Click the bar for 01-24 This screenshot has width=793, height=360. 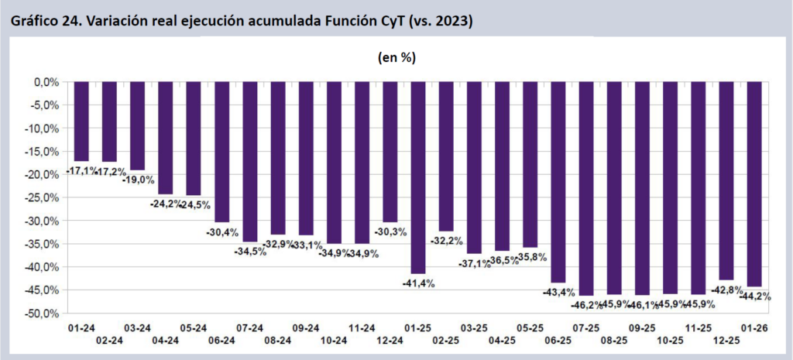click(81, 121)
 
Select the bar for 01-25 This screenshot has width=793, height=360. click(418, 177)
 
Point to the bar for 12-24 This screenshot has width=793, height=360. click(390, 152)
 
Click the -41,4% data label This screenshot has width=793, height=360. click(418, 283)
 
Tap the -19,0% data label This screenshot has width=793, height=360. click(138, 179)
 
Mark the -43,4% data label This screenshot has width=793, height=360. click(558, 292)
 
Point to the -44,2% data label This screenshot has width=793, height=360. click(754, 297)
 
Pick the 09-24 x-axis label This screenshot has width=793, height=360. click(306, 327)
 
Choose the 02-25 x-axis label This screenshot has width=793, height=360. click(446, 340)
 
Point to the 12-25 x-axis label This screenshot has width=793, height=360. click(726, 340)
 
